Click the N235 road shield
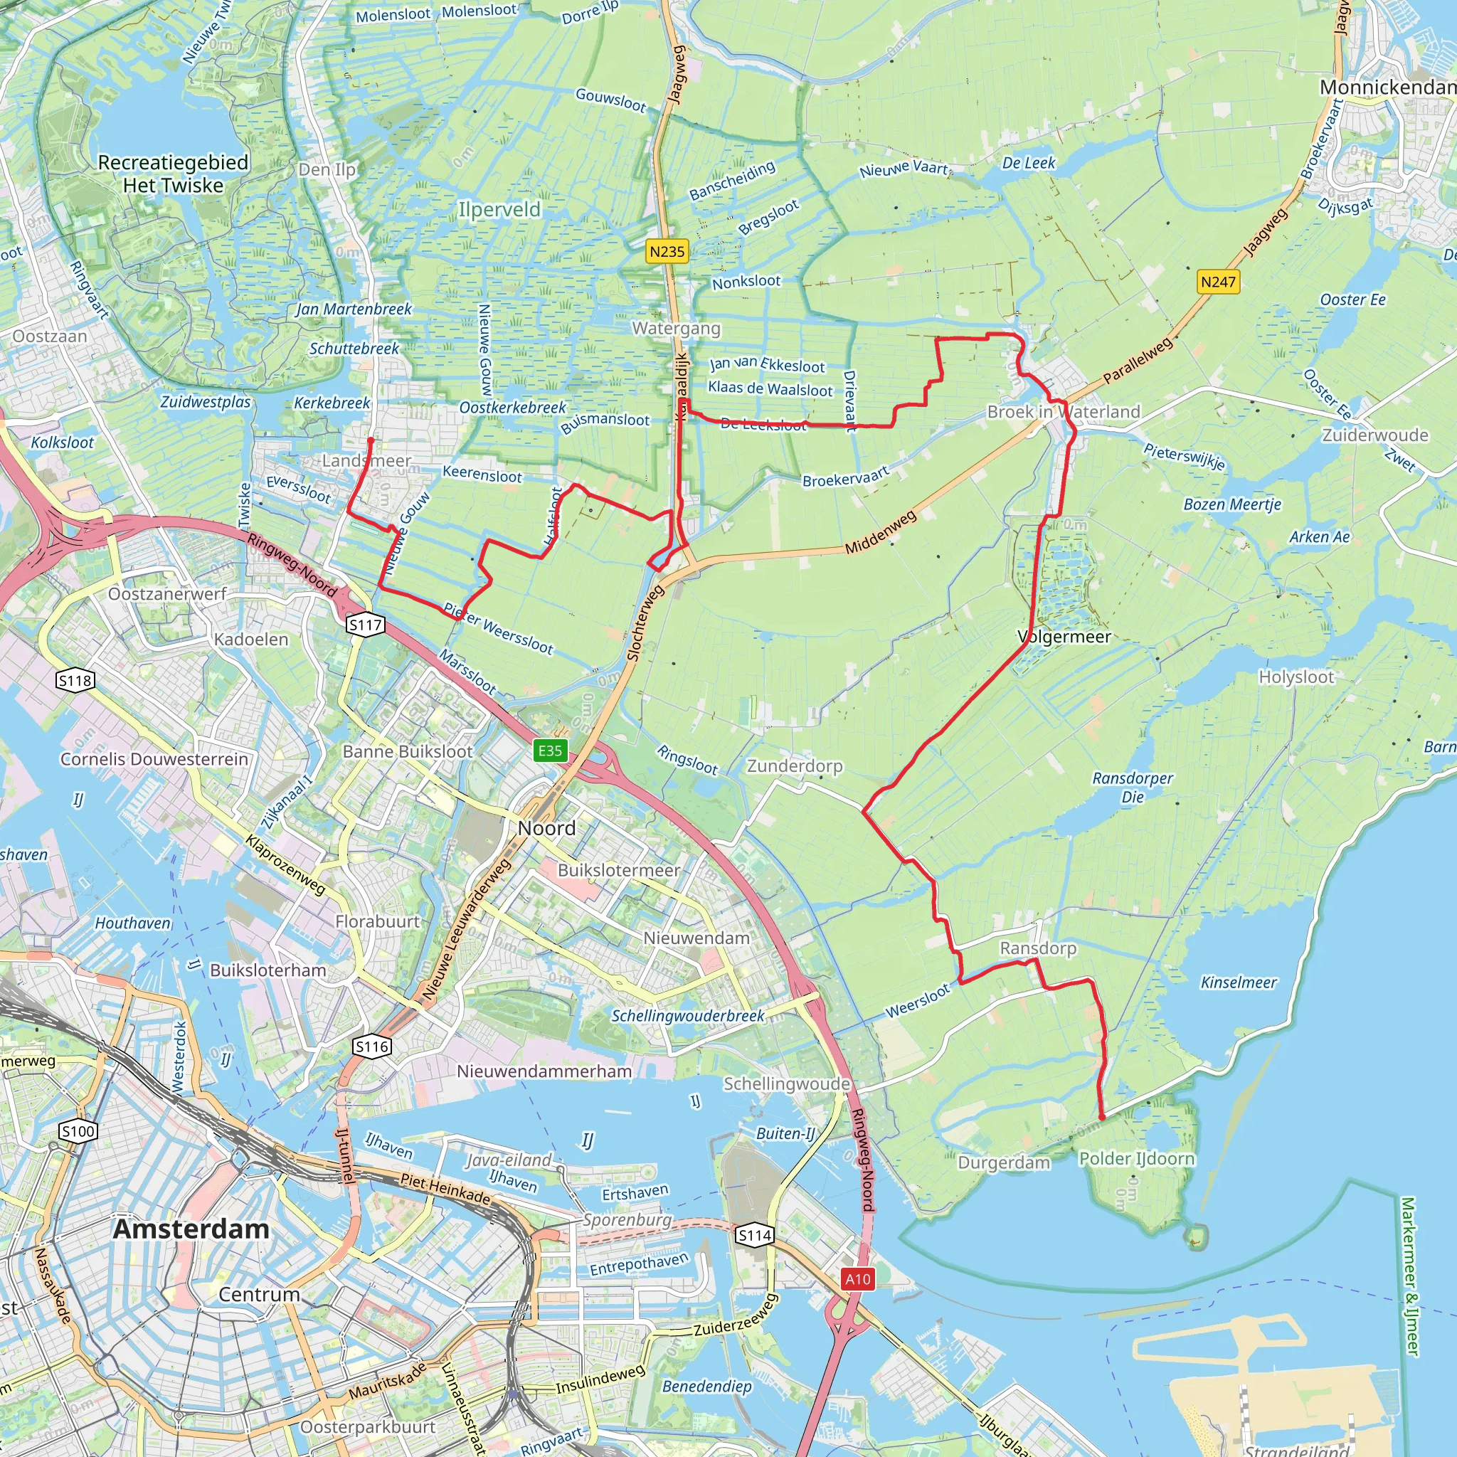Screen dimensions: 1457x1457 pyautogui.click(x=667, y=251)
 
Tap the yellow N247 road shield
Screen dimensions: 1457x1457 pyautogui.click(x=1218, y=282)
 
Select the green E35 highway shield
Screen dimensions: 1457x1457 pyautogui.click(x=550, y=751)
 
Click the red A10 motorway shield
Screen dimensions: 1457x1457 pyautogui.click(x=858, y=1278)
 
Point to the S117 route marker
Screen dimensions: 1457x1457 pyautogui.click(x=366, y=625)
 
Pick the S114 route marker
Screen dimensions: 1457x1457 pyautogui.click(x=755, y=1234)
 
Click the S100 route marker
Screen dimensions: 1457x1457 pyautogui.click(x=78, y=1131)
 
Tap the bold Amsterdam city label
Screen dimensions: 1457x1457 pyautogui.click(x=191, y=1229)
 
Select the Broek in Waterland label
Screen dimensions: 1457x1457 pyautogui.click(x=1064, y=412)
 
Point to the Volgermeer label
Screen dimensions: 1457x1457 pyautogui.click(x=1064, y=637)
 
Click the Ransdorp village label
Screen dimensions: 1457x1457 pyautogui.click(x=1038, y=948)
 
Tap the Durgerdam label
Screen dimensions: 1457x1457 pyautogui.click(x=1004, y=1162)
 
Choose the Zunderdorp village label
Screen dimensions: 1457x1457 pyautogui.click(x=795, y=766)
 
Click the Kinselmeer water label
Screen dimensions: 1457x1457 pyautogui.click(x=1239, y=982)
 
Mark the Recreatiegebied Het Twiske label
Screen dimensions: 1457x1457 pyautogui.click(x=174, y=174)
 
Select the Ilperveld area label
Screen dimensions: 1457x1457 pyautogui.click(x=499, y=209)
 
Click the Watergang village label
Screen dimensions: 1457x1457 pyautogui.click(x=676, y=328)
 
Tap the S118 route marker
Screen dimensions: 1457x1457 pyautogui.click(x=75, y=681)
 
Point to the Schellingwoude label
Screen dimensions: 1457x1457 pyautogui.click(x=787, y=1084)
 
